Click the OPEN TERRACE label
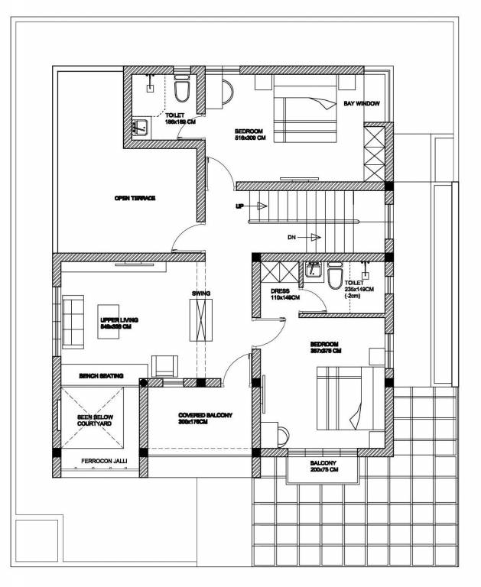coord(135,198)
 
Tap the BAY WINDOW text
coord(362,103)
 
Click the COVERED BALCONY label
coord(205,417)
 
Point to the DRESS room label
coord(283,294)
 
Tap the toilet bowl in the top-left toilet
coord(181,92)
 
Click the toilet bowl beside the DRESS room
coord(334,277)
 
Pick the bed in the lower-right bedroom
coord(343,397)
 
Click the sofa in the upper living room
coord(74,322)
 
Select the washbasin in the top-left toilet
coord(141,128)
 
